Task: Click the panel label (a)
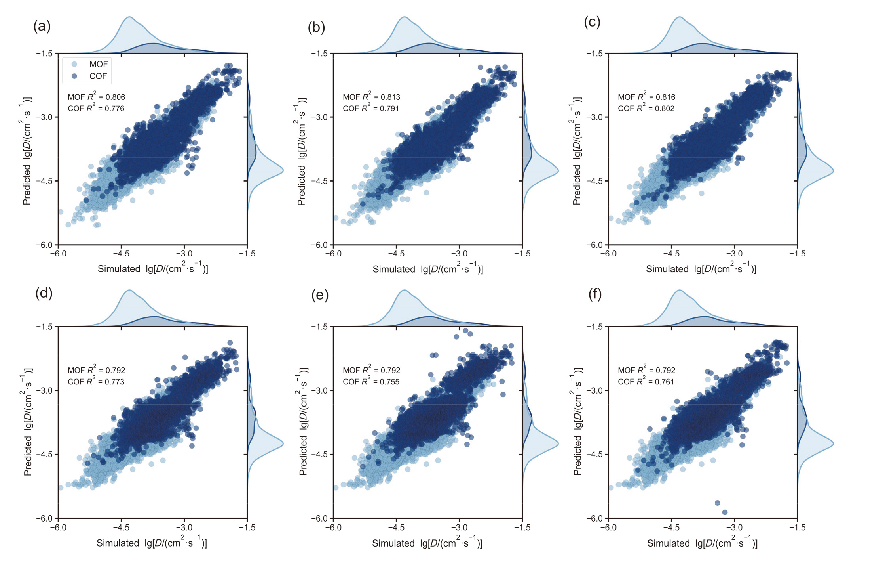tap(42, 27)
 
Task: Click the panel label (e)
tap(320, 295)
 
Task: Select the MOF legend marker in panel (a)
tap(74, 64)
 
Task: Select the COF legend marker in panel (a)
tap(74, 76)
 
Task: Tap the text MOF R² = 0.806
tap(96, 97)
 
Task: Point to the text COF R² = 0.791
tap(371, 108)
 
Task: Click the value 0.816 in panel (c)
tap(665, 97)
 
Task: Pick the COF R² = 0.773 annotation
tap(96, 382)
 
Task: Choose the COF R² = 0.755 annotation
tap(371, 382)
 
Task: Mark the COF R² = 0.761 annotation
tap(646, 382)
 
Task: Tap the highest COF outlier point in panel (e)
tap(465, 331)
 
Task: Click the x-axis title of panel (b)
tap(427, 269)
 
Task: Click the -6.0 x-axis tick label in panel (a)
tap(58, 254)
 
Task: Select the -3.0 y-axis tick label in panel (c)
tap(595, 117)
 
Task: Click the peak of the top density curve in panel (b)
tap(404, 17)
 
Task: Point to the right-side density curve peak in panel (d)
tap(283, 443)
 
